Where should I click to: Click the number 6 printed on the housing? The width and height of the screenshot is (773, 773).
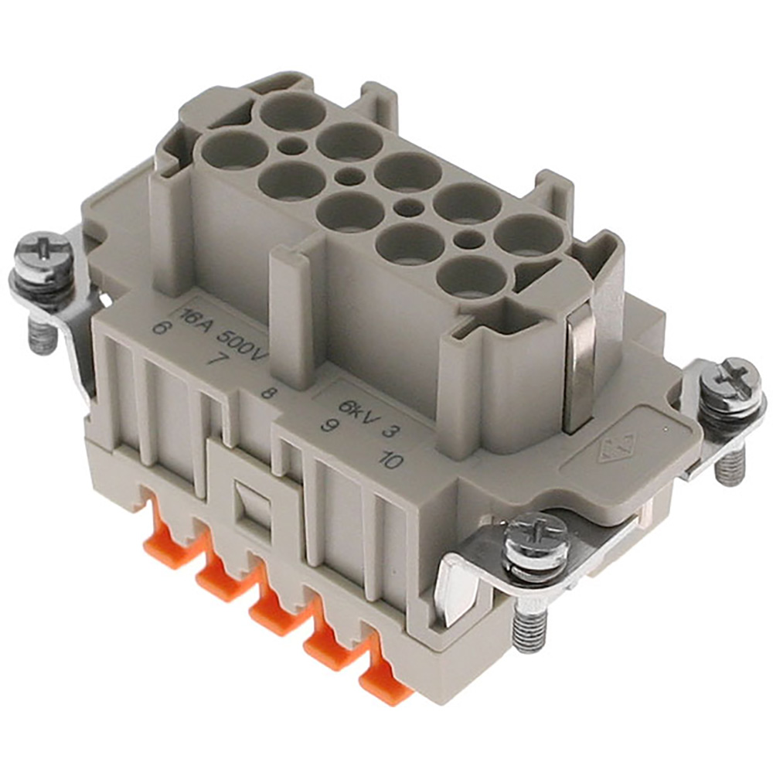pyautogui.click(x=160, y=328)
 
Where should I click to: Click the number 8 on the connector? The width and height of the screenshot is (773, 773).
pyautogui.click(x=268, y=393)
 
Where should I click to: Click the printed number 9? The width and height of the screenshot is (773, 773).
pyautogui.click(x=326, y=424)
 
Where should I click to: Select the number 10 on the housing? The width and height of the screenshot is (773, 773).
pyautogui.click(x=390, y=459)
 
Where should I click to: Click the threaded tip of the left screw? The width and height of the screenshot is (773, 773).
pyautogui.click(x=43, y=335)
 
